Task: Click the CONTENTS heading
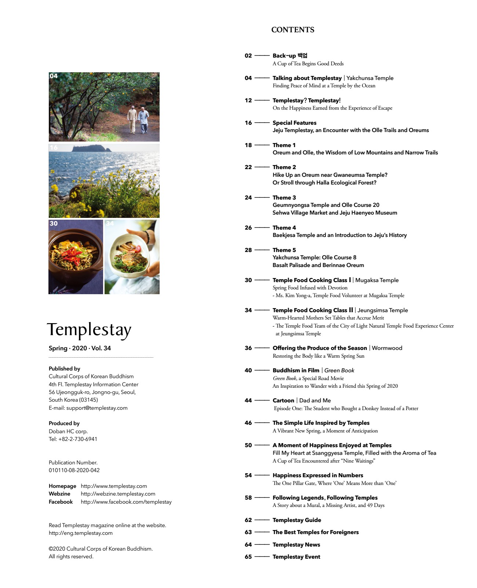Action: (292, 30)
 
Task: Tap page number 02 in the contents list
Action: (248, 56)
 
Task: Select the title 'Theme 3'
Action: (284, 198)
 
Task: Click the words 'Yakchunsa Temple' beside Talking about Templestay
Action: (370, 78)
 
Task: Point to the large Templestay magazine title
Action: (89, 330)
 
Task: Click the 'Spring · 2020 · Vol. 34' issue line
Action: (80, 348)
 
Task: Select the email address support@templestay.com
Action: (97, 408)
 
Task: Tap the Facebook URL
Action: (126, 502)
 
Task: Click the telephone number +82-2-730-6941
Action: (78, 439)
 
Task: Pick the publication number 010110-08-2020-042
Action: (74, 470)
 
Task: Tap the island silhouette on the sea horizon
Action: (92, 148)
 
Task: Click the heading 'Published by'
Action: (64, 369)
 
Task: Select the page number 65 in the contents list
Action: (248, 557)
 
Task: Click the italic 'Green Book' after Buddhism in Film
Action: (339, 370)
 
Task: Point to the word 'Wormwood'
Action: (387, 348)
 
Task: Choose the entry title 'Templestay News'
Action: (296, 545)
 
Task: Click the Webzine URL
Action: (118, 494)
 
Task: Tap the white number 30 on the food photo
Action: (54, 223)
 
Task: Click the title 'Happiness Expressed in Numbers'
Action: (318, 475)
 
